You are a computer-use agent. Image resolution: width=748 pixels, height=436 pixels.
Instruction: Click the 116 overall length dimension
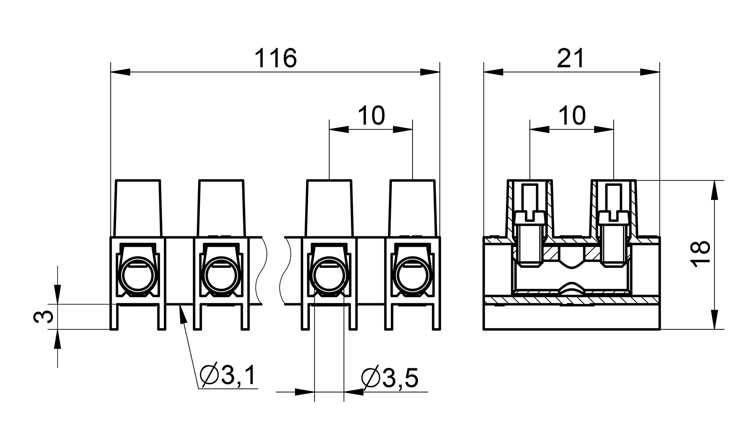[275, 58]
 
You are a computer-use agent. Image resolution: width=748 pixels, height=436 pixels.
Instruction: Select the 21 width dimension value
[571, 58]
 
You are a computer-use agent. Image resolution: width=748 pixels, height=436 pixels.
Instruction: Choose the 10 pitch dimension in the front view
[371, 116]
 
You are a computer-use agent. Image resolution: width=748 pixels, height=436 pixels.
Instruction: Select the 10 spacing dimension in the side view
[572, 116]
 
